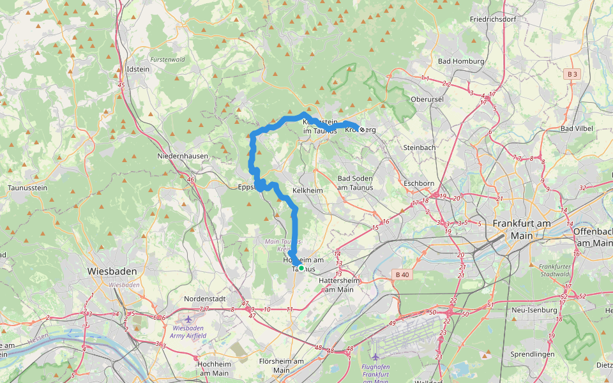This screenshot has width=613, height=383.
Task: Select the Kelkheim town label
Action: [x=307, y=190]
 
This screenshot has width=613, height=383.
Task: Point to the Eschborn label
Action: [x=420, y=183]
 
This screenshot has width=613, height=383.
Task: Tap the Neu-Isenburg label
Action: [x=534, y=310]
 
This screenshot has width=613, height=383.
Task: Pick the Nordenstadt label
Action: [x=206, y=299]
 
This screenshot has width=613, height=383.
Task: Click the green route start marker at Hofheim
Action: [x=301, y=269]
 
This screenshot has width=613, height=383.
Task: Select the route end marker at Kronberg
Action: [x=362, y=130]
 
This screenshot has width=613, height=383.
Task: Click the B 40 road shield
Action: [x=400, y=274]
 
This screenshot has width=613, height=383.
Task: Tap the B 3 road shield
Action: [x=572, y=75]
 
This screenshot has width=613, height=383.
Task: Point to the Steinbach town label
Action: [x=420, y=147]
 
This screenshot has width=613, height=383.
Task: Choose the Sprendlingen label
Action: [x=535, y=354]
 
